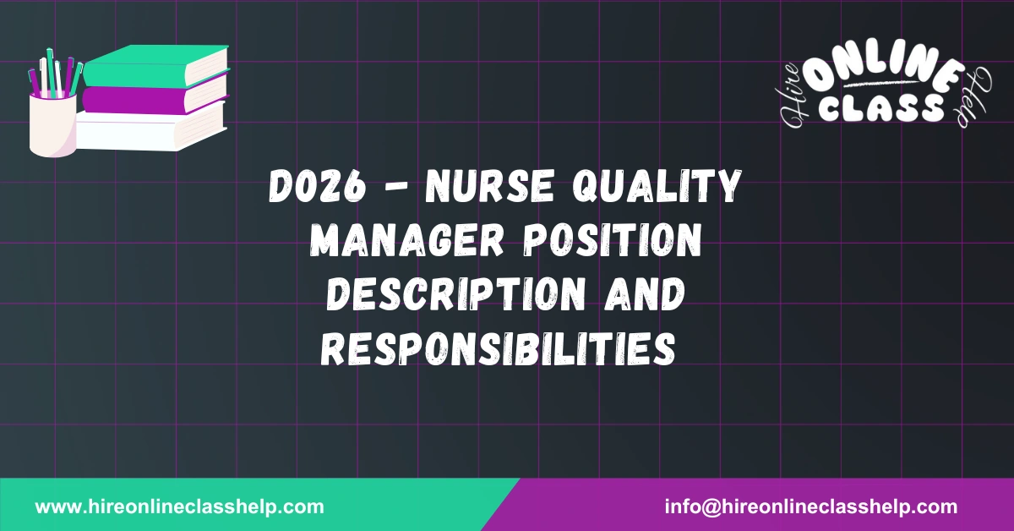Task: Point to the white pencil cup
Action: pyautogui.click(x=52, y=127)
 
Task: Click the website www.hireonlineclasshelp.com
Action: pyautogui.click(x=179, y=507)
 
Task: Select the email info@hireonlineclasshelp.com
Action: pyautogui.click(x=811, y=507)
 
